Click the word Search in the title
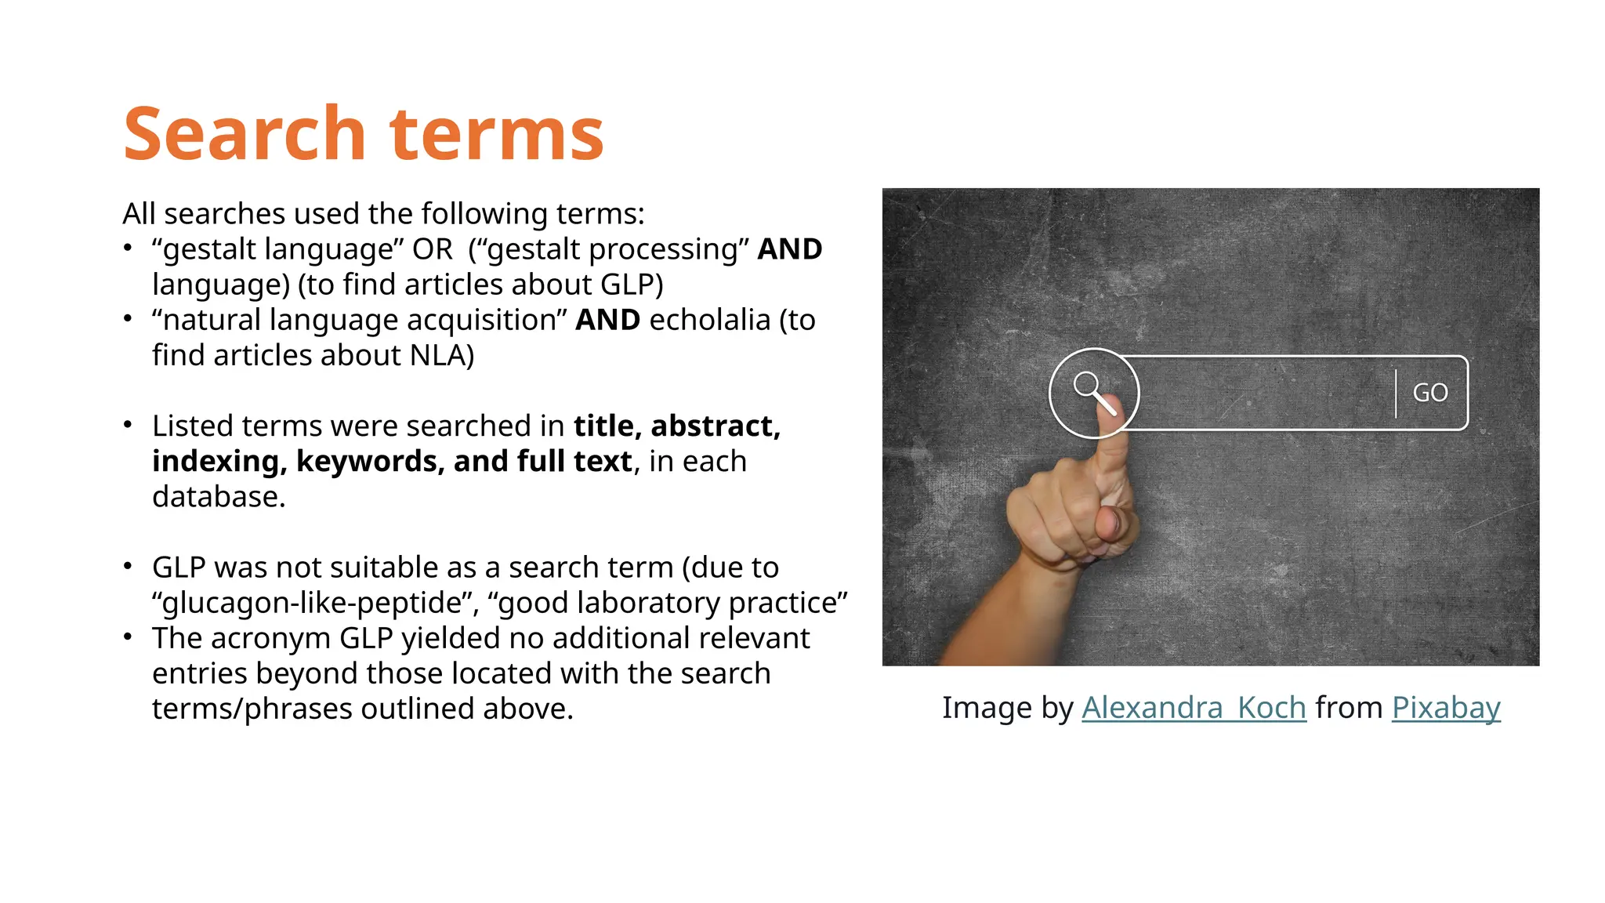coord(244,134)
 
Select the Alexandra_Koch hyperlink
coord(1194,708)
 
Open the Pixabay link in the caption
coord(1446,708)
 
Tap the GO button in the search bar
coord(1430,393)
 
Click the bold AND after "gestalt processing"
coord(789,249)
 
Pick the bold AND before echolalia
coord(607,320)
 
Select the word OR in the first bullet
coord(433,249)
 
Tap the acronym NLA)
coord(442,355)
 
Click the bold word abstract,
coord(716,426)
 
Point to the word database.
coord(219,496)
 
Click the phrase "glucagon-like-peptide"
coord(316,603)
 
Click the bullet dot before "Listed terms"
coord(128,425)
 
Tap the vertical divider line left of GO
coord(1396,393)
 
